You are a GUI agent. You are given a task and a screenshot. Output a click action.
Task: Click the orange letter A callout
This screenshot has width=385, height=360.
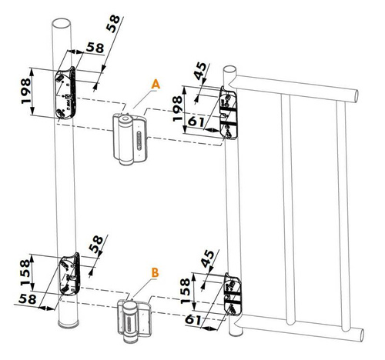pyautogui.click(x=156, y=85)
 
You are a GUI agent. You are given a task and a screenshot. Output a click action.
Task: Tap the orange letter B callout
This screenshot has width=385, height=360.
pyautogui.click(x=155, y=272)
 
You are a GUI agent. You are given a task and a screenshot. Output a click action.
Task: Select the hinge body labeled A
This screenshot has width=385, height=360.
pyautogui.click(x=130, y=139)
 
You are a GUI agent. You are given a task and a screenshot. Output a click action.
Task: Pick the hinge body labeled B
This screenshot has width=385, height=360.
pyautogui.click(x=134, y=321)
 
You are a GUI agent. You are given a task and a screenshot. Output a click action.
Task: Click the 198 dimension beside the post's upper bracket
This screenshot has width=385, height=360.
pyautogui.click(x=25, y=91)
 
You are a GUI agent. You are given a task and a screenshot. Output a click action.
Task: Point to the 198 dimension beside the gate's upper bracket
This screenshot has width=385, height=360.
pyautogui.click(x=177, y=108)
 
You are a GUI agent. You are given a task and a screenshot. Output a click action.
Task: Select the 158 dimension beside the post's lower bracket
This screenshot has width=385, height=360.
pyautogui.click(x=25, y=272)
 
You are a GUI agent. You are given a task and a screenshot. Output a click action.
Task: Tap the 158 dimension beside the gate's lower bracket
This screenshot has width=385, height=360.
pyautogui.click(x=186, y=291)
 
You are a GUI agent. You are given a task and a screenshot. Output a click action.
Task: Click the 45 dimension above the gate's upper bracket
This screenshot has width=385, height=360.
pyautogui.click(x=200, y=71)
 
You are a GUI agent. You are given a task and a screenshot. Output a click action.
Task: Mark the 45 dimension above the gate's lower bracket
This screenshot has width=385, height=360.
pyautogui.click(x=207, y=258)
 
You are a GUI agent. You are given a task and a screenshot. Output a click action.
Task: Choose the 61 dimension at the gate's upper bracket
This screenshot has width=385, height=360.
pyautogui.click(x=196, y=122)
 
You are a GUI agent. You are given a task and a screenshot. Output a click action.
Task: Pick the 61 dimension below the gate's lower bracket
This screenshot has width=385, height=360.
pyautogui.click(x=192, y=320)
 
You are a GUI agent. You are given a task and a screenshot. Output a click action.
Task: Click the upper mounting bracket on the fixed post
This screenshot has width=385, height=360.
pyautogui.click(x=65, y=93)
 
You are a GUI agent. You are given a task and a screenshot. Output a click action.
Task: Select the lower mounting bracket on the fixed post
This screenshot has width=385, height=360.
pyautogui.click(x=70, y=274)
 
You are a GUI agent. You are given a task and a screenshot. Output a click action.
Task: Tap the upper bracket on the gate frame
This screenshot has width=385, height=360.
pyautogui.click(x=229, y=113)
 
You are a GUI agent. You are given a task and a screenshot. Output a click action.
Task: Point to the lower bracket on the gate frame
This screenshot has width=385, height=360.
pyautogui.click(x=233, y=295)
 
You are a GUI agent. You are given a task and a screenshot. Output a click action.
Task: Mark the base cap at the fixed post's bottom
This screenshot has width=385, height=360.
pyautogui.click(x=69, y=324)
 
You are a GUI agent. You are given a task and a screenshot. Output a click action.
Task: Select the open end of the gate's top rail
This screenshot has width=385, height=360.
pyautogui.click(x=356, y=96)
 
